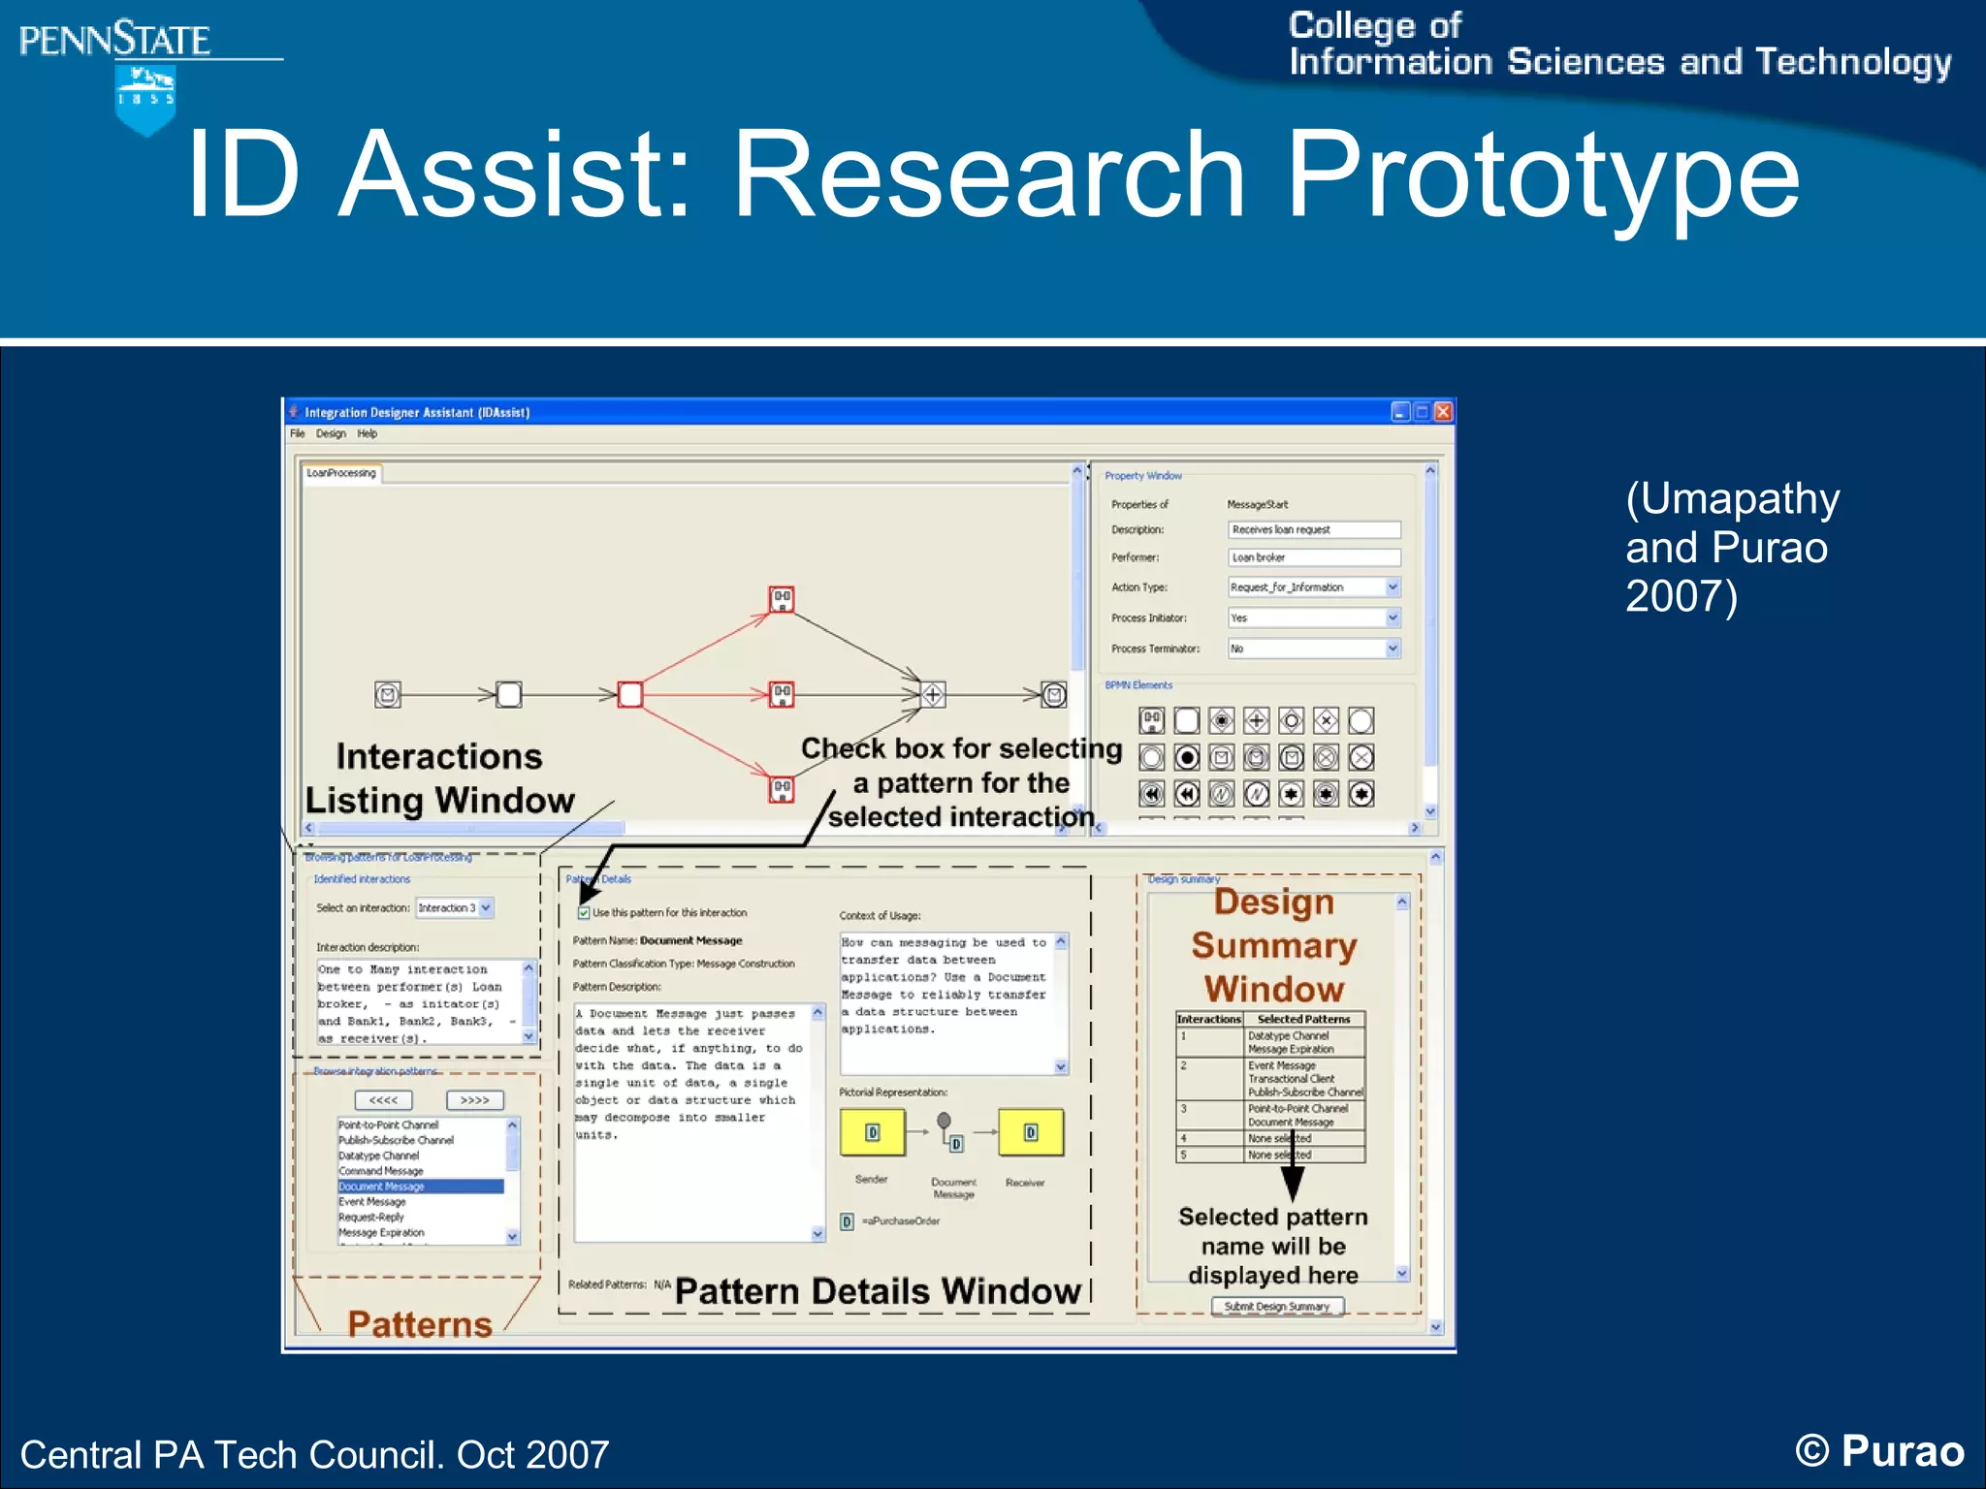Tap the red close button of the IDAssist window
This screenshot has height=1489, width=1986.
(1443, 412)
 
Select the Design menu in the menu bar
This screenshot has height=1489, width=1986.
(331, 433)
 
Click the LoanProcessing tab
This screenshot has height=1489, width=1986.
(341, 473)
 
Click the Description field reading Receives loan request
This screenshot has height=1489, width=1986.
(1313, 529)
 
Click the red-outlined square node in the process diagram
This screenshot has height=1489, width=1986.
(630, 694)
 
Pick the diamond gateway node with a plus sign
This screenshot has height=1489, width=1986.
(933, 694)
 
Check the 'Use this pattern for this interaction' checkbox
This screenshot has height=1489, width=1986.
(584, 912)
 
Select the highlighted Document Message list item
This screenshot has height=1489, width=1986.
(419, 1187)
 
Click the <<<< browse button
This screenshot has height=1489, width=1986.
(383, 1100)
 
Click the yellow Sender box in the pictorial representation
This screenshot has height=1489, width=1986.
(872, 1132)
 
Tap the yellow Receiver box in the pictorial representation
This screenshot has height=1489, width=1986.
(1030, 1132)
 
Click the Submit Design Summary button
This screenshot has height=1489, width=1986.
(1276, 1307)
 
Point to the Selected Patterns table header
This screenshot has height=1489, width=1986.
(1303, 1019)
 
